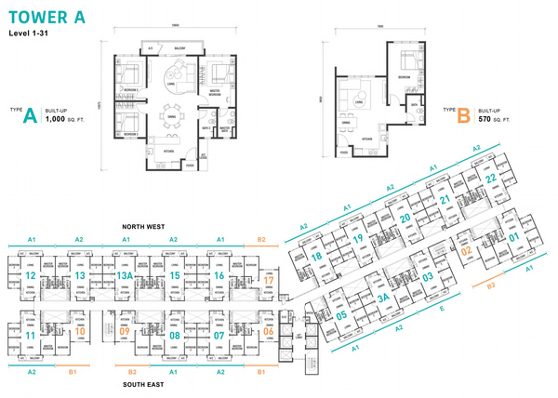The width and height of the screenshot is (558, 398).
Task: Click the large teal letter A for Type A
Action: (x=30, y=116)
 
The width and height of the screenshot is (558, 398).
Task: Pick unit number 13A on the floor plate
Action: (x=125, y=275)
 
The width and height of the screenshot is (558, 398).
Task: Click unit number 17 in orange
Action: (x=269, y=279)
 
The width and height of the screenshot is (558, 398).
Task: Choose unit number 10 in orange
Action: (x=81, y=331)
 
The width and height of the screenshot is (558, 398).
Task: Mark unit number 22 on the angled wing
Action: (x=490, y=178)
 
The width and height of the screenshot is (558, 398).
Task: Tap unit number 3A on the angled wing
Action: (x=382, y=298)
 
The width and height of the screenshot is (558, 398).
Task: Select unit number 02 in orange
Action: (x=467, y=248)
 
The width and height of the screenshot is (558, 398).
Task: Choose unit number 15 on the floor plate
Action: (x=173, y=275)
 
